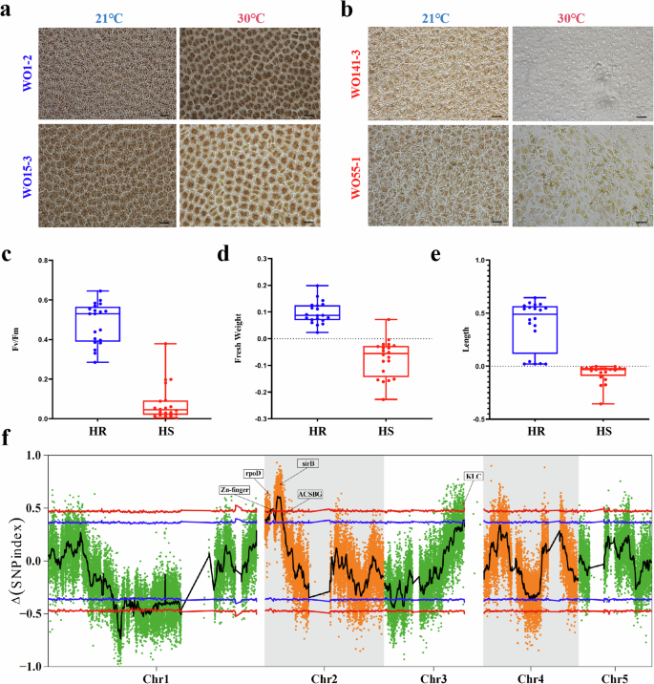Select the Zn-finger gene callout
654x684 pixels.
[241, 489]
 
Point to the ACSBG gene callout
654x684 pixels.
[309, 495]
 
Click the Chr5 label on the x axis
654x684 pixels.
[614, 677]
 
